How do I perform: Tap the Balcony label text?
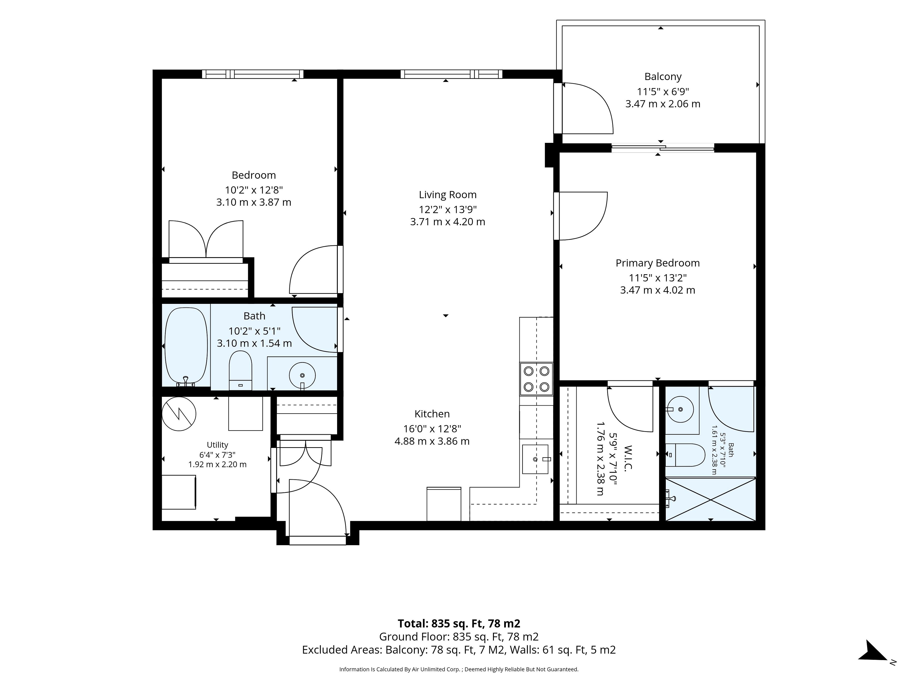(x=663, y=77)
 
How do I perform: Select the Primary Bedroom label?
(x=657, y=263)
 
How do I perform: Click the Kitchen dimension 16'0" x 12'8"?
(x=432, y=429)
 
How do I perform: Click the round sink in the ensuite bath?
(x=680, y=409)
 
